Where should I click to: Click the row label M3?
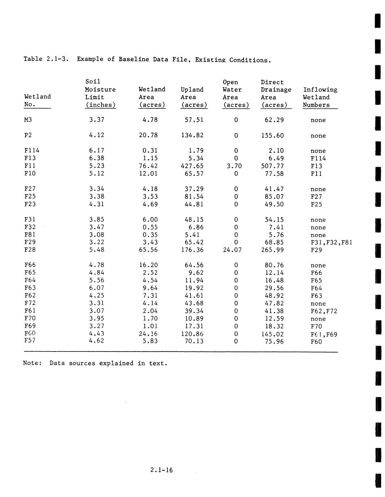coord(28,120)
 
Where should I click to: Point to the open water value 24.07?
coord(232,250)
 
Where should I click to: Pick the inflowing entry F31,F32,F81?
coord(331,242)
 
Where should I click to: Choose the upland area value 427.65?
coord(192,166)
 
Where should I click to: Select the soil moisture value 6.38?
coord(97,158)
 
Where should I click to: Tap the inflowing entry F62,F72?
coord(324,311)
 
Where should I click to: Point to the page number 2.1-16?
coord(162,470)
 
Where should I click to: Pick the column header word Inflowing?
coord(320,90)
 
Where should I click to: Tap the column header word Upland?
coord(192,90)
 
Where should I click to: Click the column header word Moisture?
coord(100,90)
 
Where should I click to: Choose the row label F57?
coord(30,341)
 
